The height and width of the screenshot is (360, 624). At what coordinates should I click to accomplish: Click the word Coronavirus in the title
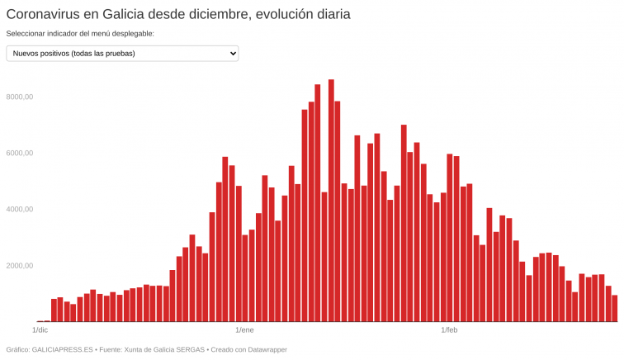point(45,14)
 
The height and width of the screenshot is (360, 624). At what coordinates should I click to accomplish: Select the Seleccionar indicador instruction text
point(80,34)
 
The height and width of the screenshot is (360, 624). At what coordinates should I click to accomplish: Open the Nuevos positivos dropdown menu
point(122,54)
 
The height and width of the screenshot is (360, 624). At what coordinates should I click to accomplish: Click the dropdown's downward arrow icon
point(231,54)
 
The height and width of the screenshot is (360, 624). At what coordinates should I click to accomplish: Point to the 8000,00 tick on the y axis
point(18,97)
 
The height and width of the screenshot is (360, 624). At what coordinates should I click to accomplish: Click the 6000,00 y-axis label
point(18,154)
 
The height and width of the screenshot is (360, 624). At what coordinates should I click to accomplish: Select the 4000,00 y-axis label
point(18,210)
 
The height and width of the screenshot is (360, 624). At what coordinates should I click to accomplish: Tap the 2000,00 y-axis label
point(18,266)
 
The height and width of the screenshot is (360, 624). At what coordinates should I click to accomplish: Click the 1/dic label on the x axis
point(40,330)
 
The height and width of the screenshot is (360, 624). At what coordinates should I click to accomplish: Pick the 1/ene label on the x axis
point(245,330)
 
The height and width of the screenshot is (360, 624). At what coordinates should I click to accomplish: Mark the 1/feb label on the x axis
point(450,330)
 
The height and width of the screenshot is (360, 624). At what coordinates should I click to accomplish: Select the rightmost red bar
point(615,309)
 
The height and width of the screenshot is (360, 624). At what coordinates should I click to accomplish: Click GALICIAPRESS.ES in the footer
point(61,350)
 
